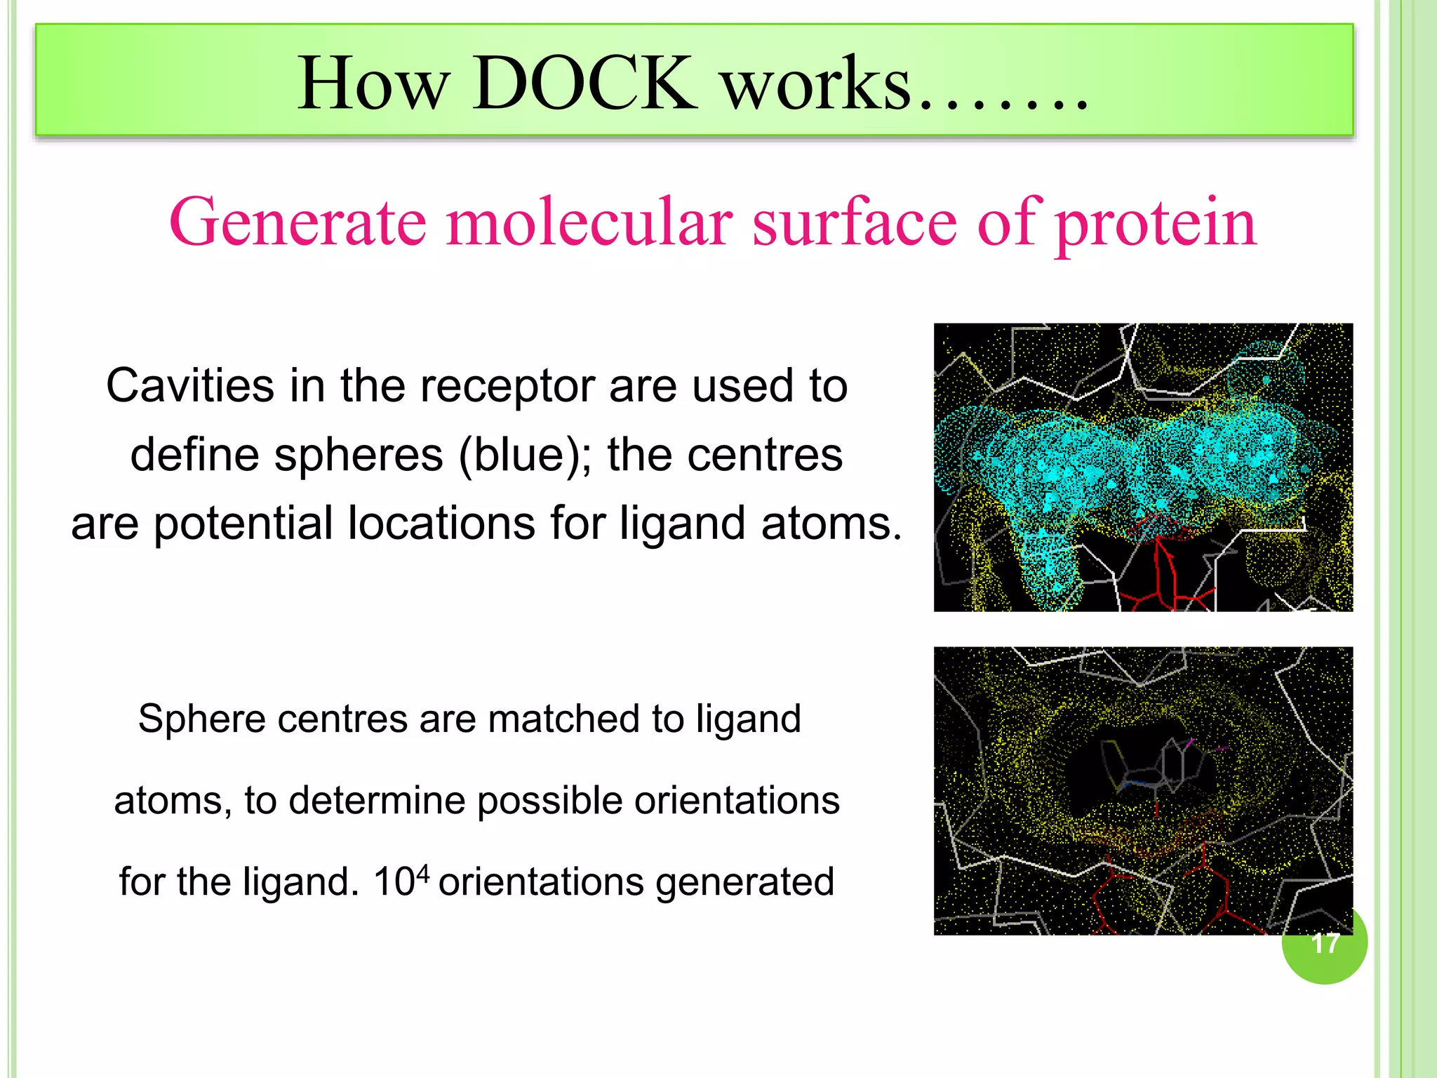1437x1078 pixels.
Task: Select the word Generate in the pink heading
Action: [298, 222]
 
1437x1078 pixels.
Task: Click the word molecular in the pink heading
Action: [589, 222]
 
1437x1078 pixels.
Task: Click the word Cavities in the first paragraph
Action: [190, 386]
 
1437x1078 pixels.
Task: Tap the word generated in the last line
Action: [744, 882]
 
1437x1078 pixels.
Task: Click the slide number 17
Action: [1325, 943]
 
